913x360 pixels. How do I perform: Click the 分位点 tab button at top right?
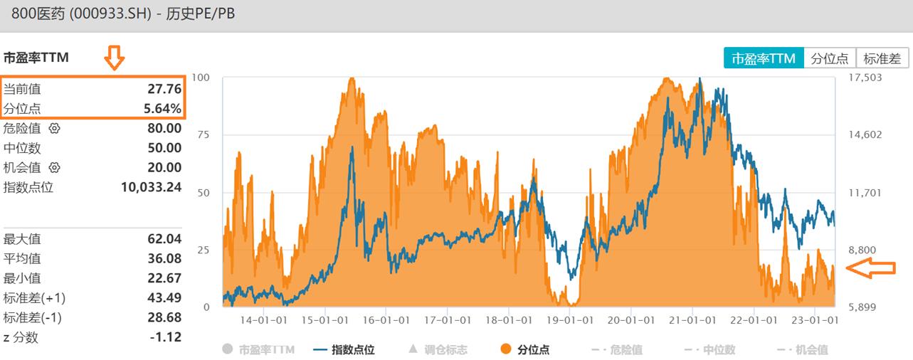tap(830, 58)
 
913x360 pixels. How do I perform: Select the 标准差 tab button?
tap(882, 58)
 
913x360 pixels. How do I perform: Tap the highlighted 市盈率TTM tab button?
tap(764, 58)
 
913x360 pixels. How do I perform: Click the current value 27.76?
tap(165, 89)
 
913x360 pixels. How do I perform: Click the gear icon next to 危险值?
tap(55, 129)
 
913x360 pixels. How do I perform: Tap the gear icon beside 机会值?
tap(55, 168)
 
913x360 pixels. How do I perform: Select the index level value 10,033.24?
tap(152, 188)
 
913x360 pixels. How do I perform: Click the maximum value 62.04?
tap(165, 239)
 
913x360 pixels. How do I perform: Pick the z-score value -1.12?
tap(167, 337)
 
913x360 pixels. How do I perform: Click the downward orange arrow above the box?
tap(114, 58)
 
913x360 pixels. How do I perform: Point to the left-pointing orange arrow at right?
tap(870, 268)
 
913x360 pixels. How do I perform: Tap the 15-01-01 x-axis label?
tap(324, 321)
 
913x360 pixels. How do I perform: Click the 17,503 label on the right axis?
tap(866, 78)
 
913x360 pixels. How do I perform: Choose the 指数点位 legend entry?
tap(343, 349)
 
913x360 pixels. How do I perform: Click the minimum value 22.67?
tap(165, 278)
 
